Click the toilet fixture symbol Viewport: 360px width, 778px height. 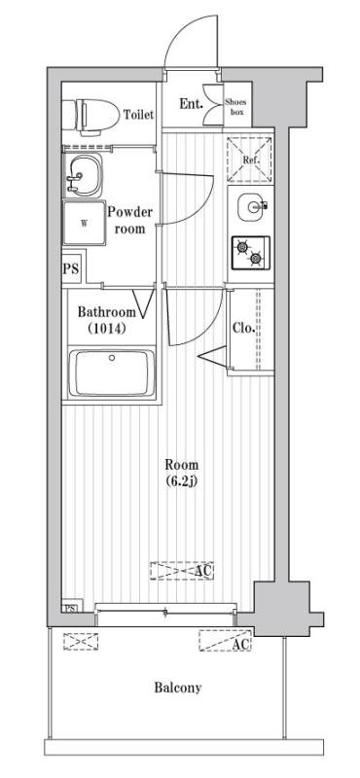pyautogui.click(x=90, y=117)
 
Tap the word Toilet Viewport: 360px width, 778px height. pyautogui.click(x=138, y=115)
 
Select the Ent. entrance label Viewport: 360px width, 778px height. pyautogui.click(x=191, y=104)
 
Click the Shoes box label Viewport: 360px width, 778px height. pyautogui.click(x=234, y=107)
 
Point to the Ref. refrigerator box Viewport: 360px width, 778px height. pyautogui.click(x=249, y=159)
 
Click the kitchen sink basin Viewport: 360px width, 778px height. pyautogui.click(x=252, y=207)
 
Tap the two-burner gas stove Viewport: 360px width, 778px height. pyautogui.click(x=251, y=253)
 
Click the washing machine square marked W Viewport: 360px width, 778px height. pyautogui.click(x=84, y=223)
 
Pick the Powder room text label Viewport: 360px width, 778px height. pyautogui.click(x=130, y=221)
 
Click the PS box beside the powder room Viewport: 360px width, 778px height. pyautogui.click(x=70, y=269)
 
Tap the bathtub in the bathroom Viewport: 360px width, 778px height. pyautogui.click(x=112, y=373)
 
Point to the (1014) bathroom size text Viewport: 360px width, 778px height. pyautogui.click(x=106, y=328)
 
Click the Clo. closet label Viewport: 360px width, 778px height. pyautogui.click(x=244, y=328)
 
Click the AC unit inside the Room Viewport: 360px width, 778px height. pyautogui.click(x=182, y=571)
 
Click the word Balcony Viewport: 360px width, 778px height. pyautogui.click(x=178, y=689)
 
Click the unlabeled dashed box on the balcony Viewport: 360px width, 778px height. pyautogui.click(x=81, y=641)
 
